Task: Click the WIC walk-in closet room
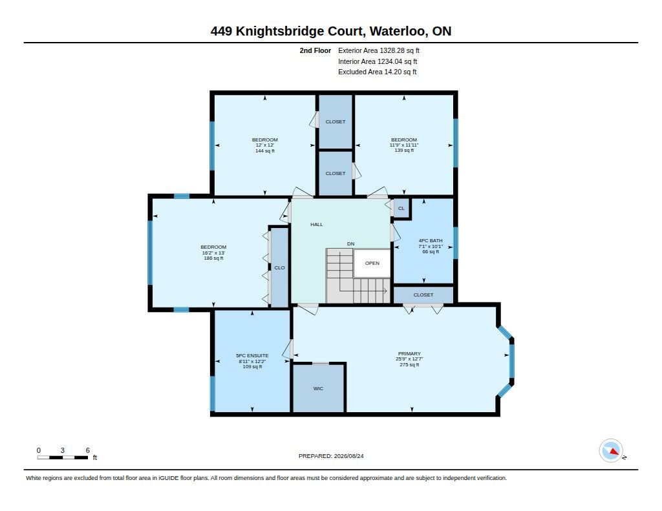[x=318, y=388]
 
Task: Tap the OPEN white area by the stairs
[x=372, y=263]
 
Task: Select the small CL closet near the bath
[x=401, y=208]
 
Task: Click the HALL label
[x=317, y=224]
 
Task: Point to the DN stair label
[x=351, y=244]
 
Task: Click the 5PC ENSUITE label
[x=253, y=356]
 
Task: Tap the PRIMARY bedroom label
[x=409, y=353]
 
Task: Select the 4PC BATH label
[x=431, y=240]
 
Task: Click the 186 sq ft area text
[x=213, y=258]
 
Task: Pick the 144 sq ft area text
[x=265, y=151]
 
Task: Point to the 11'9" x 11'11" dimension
[x=404, y=145]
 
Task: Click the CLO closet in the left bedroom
[x=279, y=267]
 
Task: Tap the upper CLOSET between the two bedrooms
[x=336, y=121]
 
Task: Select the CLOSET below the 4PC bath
[x=423, y=295]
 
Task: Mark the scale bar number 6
[x=88, y=450]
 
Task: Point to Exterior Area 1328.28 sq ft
[x=379, y=50]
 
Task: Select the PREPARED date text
[x=331, y=456]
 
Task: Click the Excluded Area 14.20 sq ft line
[x=378, y=72]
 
